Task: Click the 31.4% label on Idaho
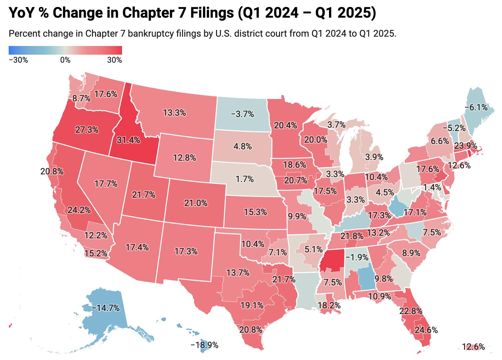pos(128,140)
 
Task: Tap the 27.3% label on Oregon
pos(87,129)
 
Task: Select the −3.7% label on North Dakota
pos(242,114)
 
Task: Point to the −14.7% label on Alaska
pos(106,308)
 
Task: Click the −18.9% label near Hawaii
pos(204,345)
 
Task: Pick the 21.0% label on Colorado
pos(196,203)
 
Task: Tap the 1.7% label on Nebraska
pos(244,179)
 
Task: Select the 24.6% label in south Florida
pos(426,330)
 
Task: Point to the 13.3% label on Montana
pos(174,113)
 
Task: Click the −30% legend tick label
pos(18,60)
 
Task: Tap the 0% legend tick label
pos(65,60)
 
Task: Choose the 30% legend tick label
pos(114,60)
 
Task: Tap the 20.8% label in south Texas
pos(251,330)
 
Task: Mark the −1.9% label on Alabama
pos(357,257)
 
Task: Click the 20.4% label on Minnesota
pos(285,125)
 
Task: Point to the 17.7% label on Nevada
pos(106,184)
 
